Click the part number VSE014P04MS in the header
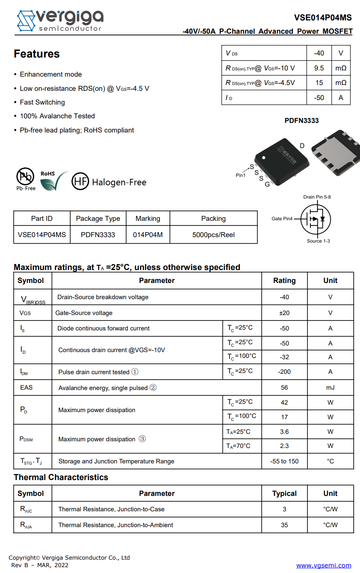pos(323,18)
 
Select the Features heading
pos(37,54)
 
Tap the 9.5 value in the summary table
pos(319,68)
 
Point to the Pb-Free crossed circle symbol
pos(25,176)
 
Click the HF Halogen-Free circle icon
pos(80,181)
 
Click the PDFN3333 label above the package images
pos(302,120)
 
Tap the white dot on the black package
pos(264,158)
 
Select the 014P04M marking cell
pos(148,235)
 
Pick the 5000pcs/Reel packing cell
pos(213,235)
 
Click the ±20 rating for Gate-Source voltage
pos(285,313)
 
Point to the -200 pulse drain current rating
pos(285,372)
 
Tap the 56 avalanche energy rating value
pos(285,388)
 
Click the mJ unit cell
pos(330,388)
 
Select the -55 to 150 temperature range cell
pos(285,461)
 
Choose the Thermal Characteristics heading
pos(61,477)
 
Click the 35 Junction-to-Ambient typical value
pos(285,525)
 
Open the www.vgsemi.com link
pos(324,565)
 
